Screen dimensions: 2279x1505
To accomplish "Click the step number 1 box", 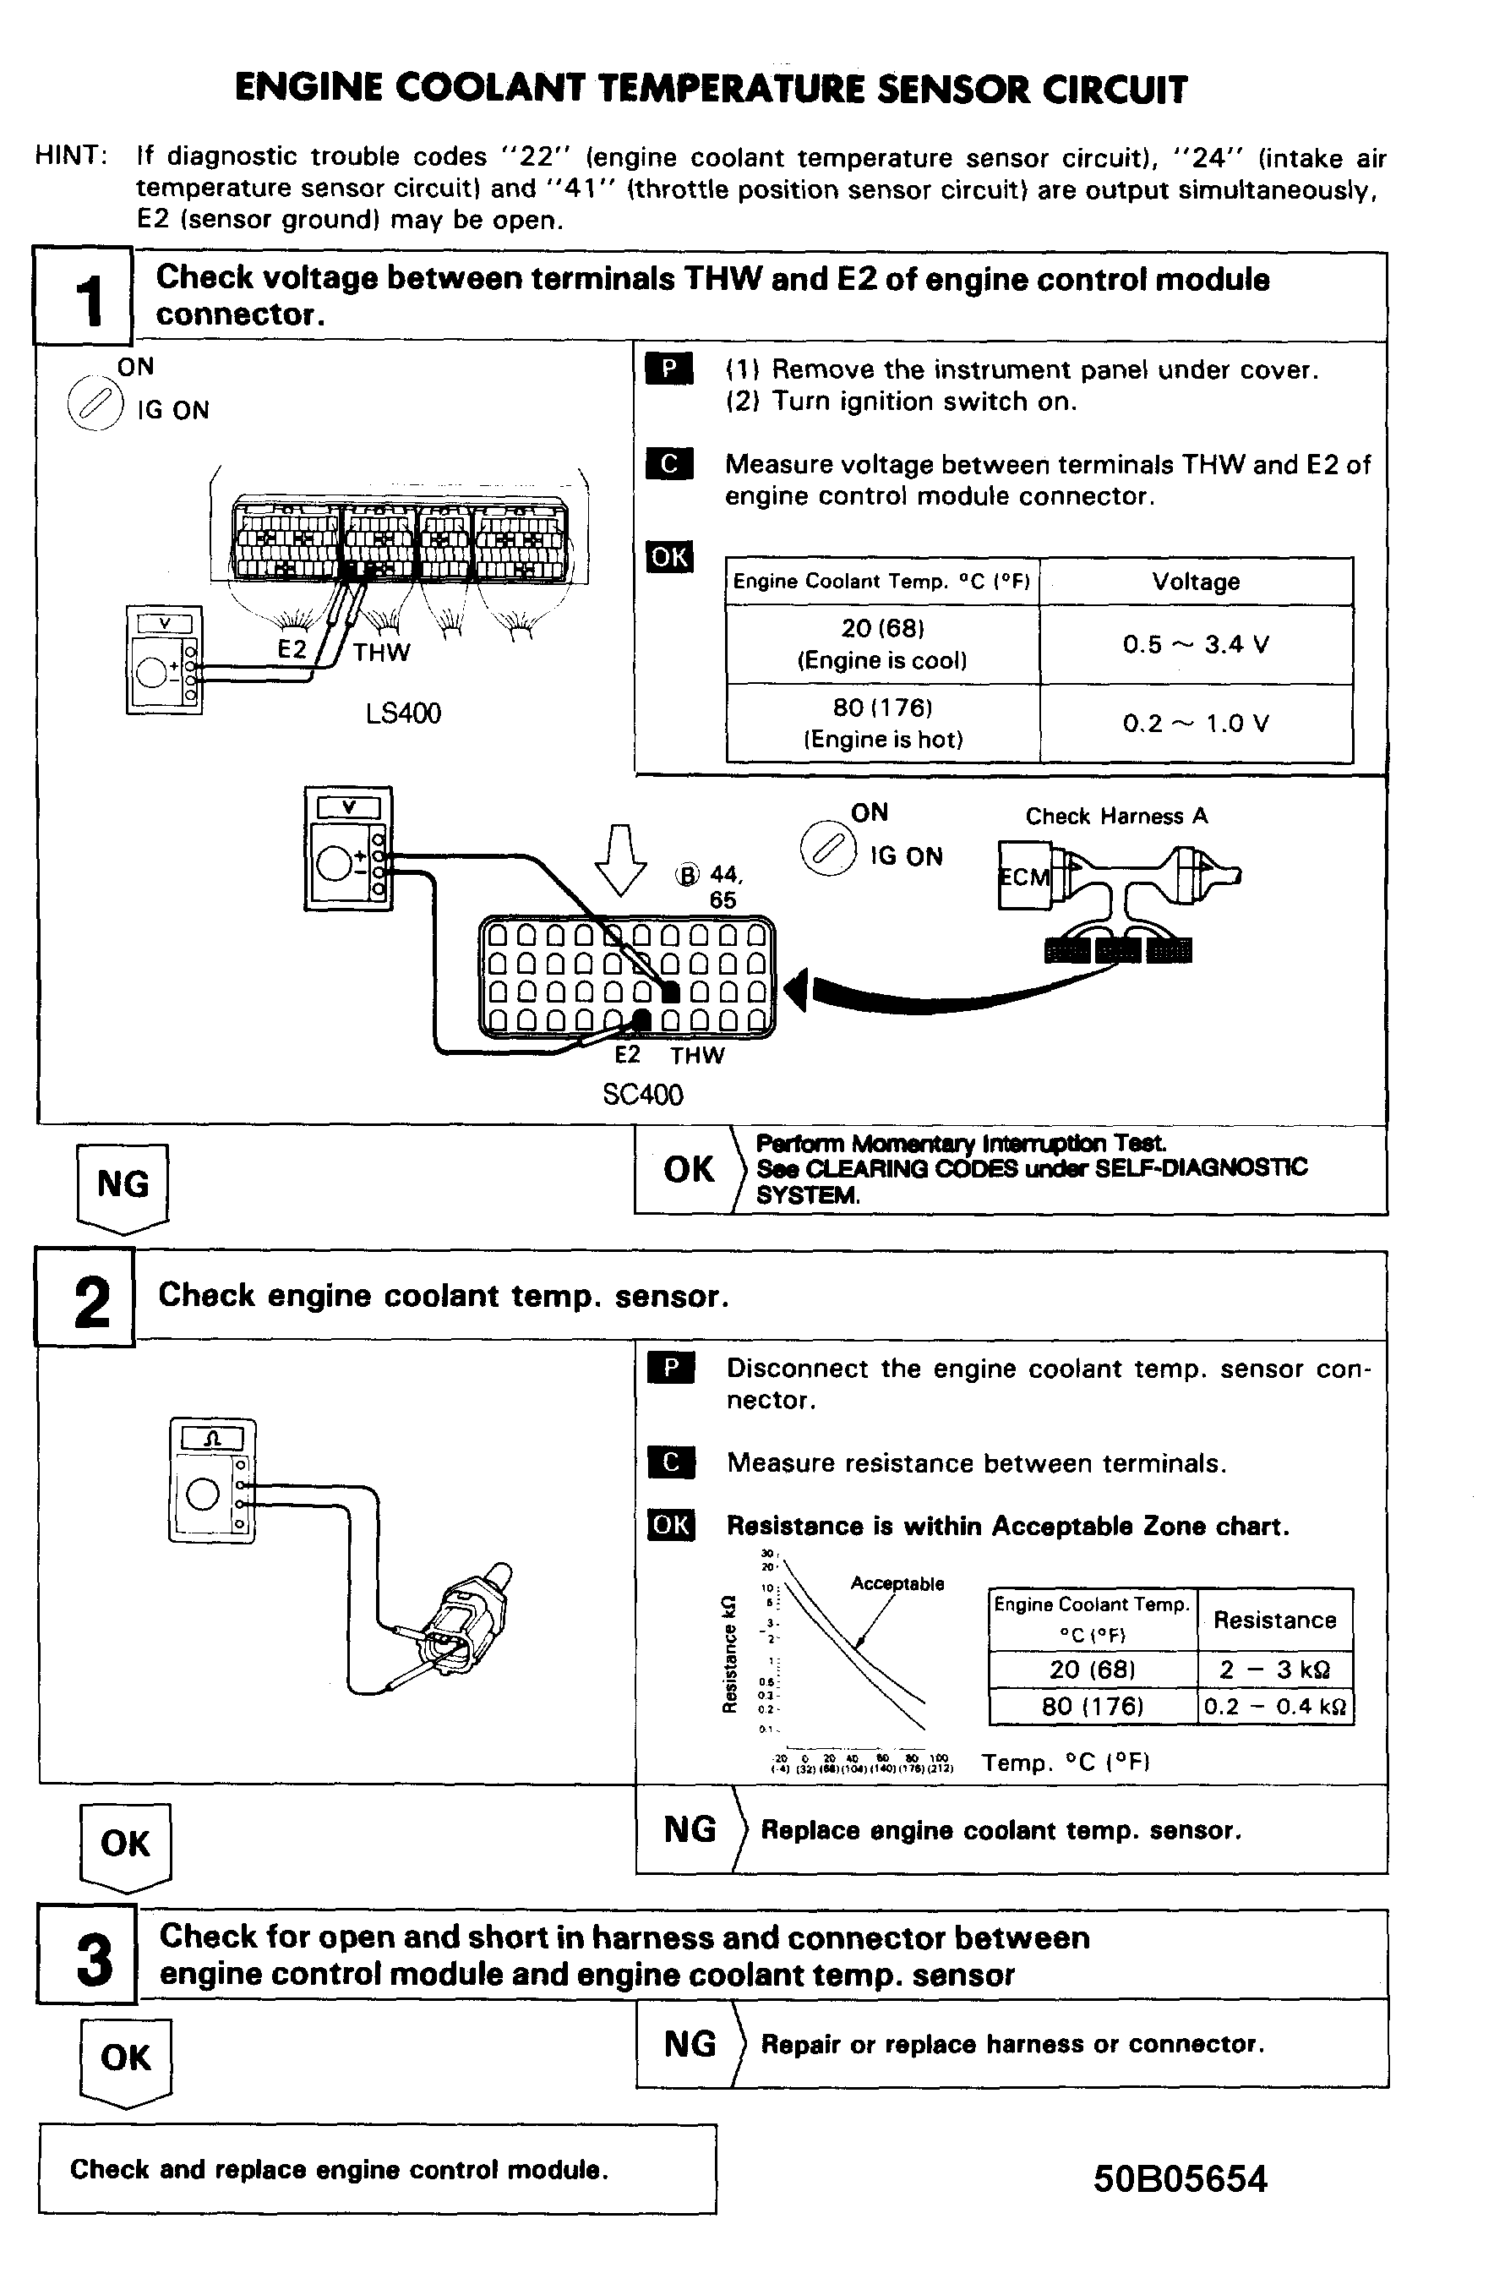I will point(84,297).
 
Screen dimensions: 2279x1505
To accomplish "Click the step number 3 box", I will point(87,1954).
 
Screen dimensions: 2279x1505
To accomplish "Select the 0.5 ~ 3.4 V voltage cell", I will point(1195,644).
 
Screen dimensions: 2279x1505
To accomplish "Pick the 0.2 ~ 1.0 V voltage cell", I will point(1195,723).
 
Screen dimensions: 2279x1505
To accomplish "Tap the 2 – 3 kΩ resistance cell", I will point(1274,1670).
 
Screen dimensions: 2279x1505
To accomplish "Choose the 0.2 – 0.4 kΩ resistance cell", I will point(1274,1707).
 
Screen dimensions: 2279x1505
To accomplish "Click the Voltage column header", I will point(1195,582).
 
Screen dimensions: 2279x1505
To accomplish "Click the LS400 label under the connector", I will point(403,713).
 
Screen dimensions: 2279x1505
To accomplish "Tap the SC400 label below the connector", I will point(642,1095).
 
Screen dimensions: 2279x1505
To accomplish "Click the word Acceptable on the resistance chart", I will point(897,1584).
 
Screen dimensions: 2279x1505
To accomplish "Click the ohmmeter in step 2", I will point(212,1480).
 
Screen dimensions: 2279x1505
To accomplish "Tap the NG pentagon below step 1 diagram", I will point(123,1187).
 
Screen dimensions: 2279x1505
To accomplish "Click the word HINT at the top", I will point(70,156).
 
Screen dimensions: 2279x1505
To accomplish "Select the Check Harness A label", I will point(1115,816).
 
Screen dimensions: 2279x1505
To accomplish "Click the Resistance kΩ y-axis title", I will point(729,1654).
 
